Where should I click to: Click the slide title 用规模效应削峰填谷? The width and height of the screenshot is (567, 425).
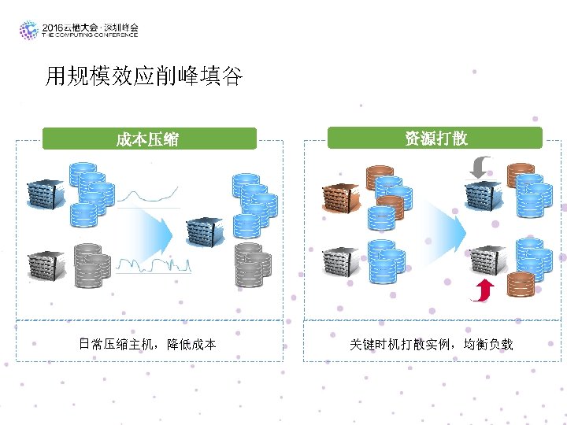click(144, 76)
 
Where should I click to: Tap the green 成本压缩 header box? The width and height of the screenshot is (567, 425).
click(149, 139)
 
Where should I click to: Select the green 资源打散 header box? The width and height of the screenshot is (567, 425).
click(435, 139)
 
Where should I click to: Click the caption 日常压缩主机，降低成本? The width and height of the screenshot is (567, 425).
click(147, 344)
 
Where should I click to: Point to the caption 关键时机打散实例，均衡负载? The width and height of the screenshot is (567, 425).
click(431, 344)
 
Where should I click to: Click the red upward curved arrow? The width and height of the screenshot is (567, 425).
click(480, 290)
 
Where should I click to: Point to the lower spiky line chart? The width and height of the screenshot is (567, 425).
click(153, 264)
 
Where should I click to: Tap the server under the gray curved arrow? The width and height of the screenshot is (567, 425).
click(483, 194)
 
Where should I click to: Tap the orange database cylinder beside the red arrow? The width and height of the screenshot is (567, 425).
click(520, 284)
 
